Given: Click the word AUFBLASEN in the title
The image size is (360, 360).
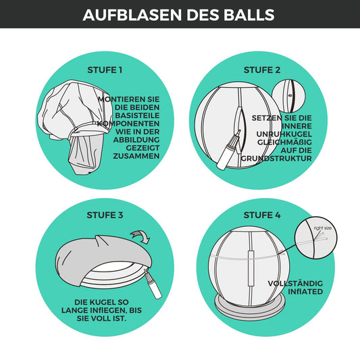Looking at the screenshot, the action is [132, 15].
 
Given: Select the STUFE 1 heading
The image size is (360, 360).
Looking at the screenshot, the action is [105, 70].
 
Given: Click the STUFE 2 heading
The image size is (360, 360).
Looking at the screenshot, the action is [262, 70].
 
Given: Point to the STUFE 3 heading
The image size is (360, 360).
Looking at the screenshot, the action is [105, 215].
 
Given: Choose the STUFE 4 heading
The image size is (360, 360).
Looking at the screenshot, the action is [262, 215].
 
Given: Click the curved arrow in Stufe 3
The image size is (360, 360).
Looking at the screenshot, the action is [140, 236].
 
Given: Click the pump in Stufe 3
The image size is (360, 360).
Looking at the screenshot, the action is [153, 284].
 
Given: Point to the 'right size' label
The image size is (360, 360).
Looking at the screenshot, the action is [323, 228].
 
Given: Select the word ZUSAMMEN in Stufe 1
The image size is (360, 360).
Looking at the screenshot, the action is [136, 156].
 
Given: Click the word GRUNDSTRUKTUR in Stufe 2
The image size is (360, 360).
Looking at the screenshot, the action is [276, 159].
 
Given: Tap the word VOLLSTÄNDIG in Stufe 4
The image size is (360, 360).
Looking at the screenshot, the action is [295, 283].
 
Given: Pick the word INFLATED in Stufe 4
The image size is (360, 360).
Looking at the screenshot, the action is [305, 292].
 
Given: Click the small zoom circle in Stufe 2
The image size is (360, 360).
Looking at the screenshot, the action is [288, 96].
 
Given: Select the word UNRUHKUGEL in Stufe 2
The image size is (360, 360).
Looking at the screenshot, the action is [284, 134].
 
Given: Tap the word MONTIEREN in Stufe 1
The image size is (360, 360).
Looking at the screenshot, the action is [121, 99].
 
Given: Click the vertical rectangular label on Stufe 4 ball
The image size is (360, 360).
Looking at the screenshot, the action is [251, 268].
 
